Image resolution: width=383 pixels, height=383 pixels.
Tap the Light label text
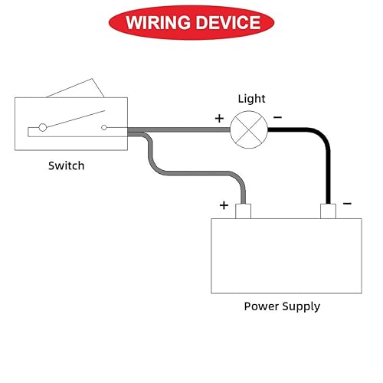click(x=251, y=99)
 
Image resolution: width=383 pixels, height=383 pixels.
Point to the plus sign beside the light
click(x=219, y=119)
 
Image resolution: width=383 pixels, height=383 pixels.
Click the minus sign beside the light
click(x=277, y=117)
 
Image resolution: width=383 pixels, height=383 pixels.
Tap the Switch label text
click(x=66, y=165)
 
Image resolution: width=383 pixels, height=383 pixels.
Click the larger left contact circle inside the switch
click(x=44, y=127)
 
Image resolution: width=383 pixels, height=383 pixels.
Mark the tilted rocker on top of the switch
click(x=77, y=89)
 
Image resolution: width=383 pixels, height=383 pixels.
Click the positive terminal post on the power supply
click(x=244, y=211)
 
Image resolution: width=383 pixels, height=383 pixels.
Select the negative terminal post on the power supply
click(x=328, y=211)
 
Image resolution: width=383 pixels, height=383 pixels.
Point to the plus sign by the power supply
click(x=224, y=205)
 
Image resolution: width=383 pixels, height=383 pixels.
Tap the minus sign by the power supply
click(x=347, y=204)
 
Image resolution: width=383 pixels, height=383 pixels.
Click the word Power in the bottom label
click(x=261, y=306)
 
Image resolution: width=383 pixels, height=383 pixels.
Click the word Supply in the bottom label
click(x=301, y=306)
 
